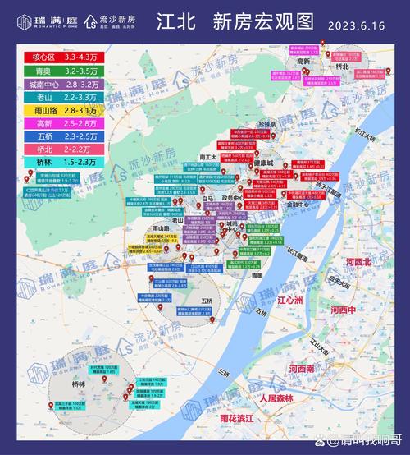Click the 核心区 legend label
tap(20, 57)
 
